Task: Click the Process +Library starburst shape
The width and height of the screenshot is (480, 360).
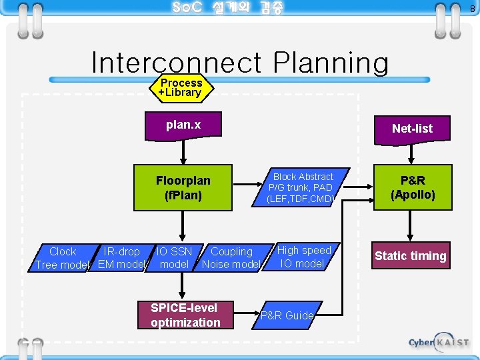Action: click(x=180, y=87)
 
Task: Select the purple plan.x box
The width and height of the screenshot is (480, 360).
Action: click(x=183, y=125)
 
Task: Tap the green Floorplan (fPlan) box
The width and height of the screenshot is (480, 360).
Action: click(x=183, y=188)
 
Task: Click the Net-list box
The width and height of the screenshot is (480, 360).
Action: click(x=412, y=129)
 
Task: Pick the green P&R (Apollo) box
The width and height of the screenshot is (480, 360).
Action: click(x=413, y=187)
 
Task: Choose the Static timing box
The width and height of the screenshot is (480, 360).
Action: click(x=410, y=255)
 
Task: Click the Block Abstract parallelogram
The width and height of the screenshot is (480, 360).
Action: click(x=303, y=187)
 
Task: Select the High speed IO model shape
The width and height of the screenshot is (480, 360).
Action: click(x=303, y=257)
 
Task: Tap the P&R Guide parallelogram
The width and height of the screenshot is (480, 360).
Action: click(x=287, y=315)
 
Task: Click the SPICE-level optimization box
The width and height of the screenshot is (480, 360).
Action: click(x=185, y=315)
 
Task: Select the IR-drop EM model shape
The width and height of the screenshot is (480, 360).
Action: click(x=121, y=258)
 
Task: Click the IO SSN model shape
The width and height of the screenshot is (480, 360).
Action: click(x=175, y=258)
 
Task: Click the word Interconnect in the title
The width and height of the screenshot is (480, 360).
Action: click(x=175, y=63)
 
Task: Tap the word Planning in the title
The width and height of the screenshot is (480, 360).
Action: click(x=331, y=63)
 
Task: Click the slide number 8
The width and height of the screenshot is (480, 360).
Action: click(x=472, y=9)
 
